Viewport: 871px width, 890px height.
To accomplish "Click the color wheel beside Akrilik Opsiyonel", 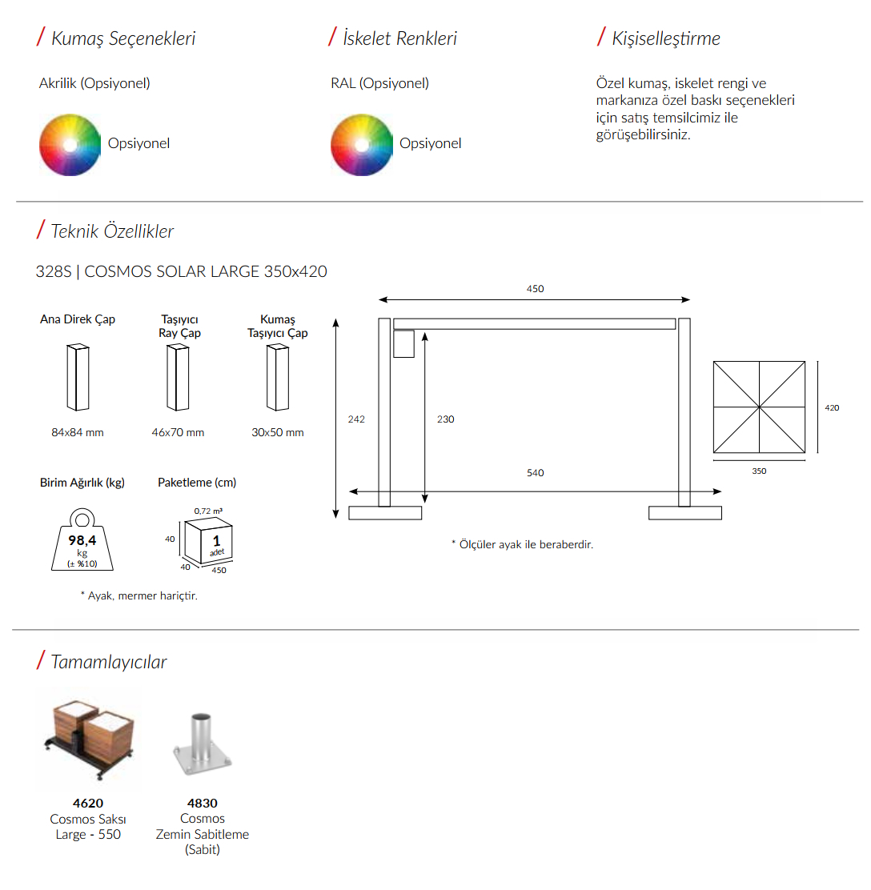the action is click(70, 145).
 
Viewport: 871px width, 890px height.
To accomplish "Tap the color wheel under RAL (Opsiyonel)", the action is click(362, 145).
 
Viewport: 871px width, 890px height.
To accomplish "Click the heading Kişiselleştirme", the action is click(666, 38).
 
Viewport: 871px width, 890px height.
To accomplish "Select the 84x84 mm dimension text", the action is click(78, 432).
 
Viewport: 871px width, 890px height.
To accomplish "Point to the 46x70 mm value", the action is click(178, 432).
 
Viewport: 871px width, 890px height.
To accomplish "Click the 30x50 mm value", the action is click(278, 432).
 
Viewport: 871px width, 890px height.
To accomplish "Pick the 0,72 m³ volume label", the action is click(208, 511).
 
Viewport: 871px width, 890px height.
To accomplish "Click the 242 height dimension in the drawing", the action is click(356, 419).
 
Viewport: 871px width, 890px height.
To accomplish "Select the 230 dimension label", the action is click(446, 419).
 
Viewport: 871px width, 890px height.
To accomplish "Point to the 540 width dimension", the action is click(536, 473).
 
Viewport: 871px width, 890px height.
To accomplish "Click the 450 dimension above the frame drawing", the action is click(536, 289).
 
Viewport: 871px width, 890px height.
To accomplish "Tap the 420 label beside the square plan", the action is click(832, 407).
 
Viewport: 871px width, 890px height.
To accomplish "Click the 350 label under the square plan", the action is click(759, 471).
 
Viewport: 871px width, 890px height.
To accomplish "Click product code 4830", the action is click(203, 803).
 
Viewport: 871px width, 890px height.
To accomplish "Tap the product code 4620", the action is click(88, 803).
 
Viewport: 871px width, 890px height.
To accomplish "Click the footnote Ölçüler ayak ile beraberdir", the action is click(523, 544).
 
